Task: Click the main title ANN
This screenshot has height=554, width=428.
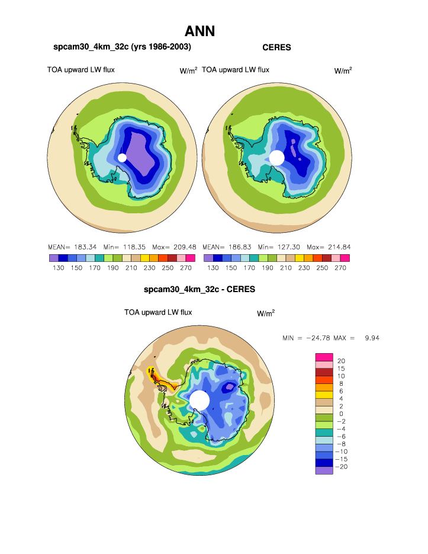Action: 199,31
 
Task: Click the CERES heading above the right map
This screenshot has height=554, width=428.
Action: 276,47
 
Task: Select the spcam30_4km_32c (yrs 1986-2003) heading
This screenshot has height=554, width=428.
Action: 122,46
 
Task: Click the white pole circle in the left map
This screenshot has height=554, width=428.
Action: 122,158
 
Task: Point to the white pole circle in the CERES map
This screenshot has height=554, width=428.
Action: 276,158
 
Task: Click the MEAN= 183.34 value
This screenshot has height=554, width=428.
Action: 69,246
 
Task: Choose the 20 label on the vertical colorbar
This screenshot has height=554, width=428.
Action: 341,361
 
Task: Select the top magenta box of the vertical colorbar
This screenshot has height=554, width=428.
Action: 324,357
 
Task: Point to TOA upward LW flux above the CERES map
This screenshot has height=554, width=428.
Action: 236,70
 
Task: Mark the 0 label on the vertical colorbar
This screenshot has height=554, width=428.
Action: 340,414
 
